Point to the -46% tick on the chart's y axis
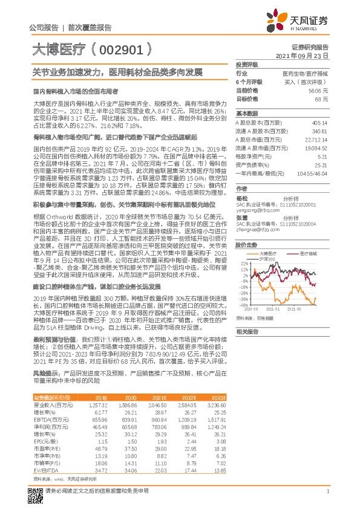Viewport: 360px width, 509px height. (243, 305)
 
